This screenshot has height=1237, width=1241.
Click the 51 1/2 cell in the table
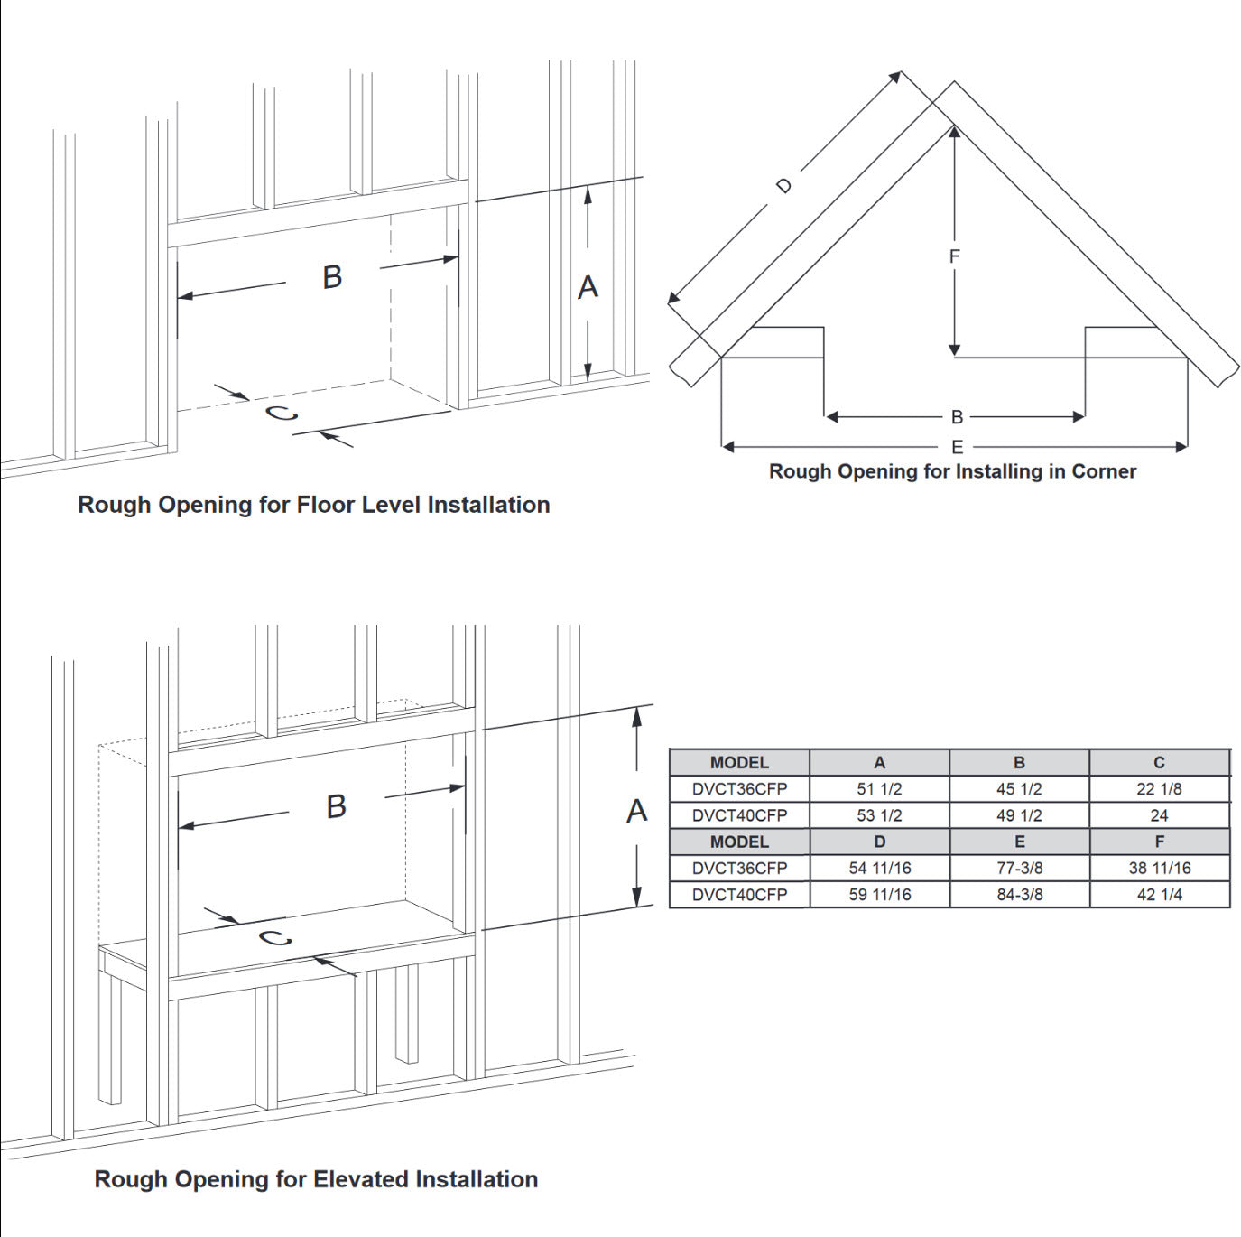(879, 788)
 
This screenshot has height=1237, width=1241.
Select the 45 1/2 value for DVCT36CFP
(1019, 788)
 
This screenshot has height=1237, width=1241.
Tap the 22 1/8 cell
(1159, 788)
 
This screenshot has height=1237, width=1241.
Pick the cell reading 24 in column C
(1159, 815)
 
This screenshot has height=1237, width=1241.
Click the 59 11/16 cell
(880, 894)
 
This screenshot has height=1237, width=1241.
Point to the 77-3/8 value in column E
(1020, 868)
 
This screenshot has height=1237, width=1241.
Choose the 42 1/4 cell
(1159, 894)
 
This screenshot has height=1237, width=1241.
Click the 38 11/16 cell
(1159, 868)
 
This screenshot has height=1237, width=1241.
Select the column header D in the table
(880, 842)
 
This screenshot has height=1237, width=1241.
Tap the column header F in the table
(1160, 842)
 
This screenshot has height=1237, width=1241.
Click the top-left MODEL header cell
(739, 763)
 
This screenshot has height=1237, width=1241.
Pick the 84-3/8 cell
(1020, 894)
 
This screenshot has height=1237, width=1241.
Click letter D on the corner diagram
(783, 186)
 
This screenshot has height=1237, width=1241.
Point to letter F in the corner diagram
(954, 256)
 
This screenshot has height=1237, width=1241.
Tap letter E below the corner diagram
(957, 446)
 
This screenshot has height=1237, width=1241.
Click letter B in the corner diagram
(957, 417)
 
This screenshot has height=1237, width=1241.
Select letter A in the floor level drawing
(588, 287)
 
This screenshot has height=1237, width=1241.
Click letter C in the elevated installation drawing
(276, 938)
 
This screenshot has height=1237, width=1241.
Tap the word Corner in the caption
(1103, 471)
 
